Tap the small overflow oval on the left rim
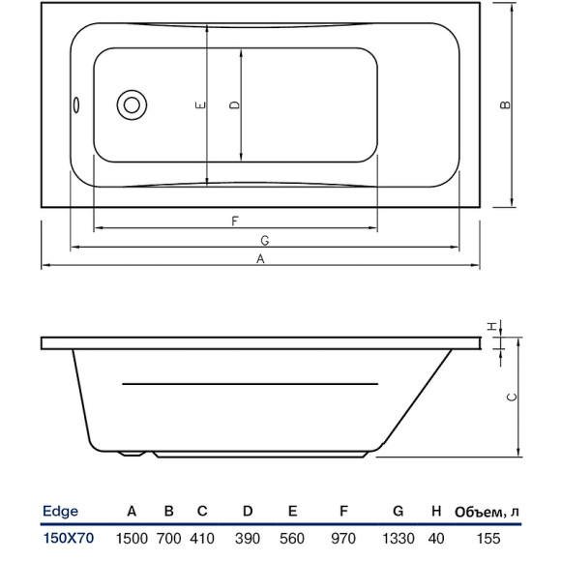(x=76, y=105)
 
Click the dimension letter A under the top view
(x=259, y=258)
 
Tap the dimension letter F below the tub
(x=235, y=221)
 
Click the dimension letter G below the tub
(x=263, y=240)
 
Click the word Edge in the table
(x=61, y=512)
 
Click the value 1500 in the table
(x=132, y=538)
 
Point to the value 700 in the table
(x=168, y=538)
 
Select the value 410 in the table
(x=202, y=538)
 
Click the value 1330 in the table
(x=398, y=538)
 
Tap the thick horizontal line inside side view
(x=250, y=385)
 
